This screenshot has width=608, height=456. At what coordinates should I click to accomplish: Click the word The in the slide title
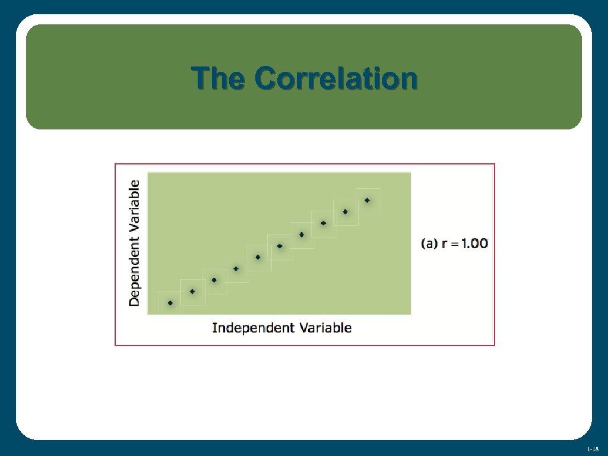pos(218,78)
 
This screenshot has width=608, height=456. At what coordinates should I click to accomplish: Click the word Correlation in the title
pos(336,78)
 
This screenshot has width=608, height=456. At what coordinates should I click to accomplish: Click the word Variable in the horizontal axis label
pos(325,328)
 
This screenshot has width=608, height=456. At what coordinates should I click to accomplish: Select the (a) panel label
pos(430,243)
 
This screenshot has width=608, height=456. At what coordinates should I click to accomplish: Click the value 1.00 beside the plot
pos(474,243)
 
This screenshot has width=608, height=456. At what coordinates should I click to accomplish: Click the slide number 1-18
pos(593,449)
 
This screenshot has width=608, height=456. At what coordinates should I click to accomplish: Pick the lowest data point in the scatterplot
pos(170,303)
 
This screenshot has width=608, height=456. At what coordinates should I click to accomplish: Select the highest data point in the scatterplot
pos(367,201)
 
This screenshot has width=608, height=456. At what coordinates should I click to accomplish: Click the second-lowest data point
pos(192,292)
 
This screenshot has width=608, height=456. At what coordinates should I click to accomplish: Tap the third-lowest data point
pos(214,280)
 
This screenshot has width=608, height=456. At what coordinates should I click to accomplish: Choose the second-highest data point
pos(345,212)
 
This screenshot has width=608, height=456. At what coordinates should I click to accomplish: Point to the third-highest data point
pos(324,223)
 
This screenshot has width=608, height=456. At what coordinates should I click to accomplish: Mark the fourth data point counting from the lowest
pos(236,269)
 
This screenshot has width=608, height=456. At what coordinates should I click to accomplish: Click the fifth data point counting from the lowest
pos(258,257)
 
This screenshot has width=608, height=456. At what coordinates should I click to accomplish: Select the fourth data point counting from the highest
pos(302,235)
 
